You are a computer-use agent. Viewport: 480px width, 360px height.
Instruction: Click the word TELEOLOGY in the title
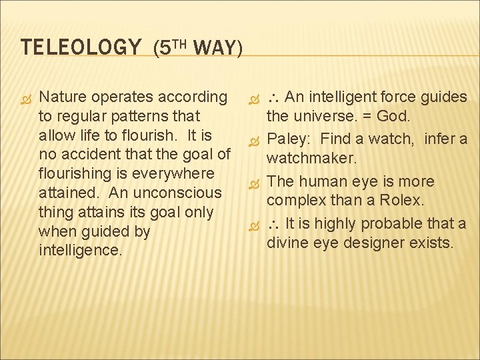(81, 48)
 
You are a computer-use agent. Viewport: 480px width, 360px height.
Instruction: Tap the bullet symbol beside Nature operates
(26, 98)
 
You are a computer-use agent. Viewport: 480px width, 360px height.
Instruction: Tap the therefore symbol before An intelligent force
(273, 98)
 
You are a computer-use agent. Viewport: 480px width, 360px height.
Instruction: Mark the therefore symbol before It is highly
(273, 224)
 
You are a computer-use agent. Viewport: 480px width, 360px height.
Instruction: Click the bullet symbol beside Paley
(253, 141)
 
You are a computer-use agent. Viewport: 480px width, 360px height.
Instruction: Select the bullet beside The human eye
(253, 182)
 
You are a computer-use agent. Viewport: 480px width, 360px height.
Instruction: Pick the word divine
(287, 243)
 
